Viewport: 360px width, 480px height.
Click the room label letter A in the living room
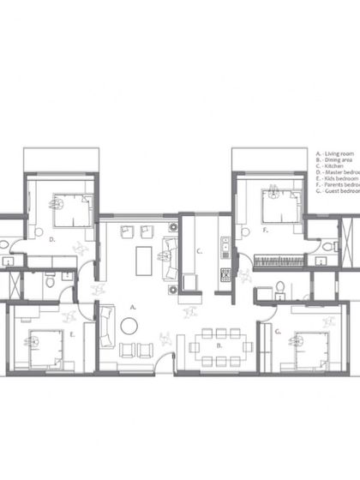click(133, 305)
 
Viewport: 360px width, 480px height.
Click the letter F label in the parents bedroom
click(267, 231)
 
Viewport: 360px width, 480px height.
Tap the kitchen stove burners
click(225, 275)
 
